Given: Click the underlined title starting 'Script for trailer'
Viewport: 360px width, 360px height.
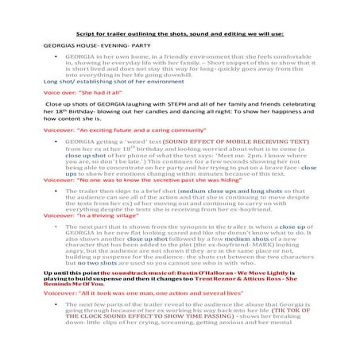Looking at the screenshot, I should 179,35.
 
